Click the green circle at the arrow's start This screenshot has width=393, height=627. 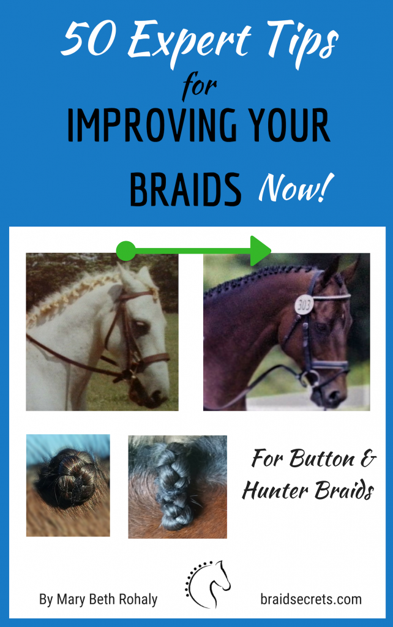point(125,250)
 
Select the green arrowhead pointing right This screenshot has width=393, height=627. point(261,250)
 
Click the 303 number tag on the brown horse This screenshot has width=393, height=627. point(304,304)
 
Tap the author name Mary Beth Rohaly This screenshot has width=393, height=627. point(98,599)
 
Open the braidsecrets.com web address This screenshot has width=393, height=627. point(310,598)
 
